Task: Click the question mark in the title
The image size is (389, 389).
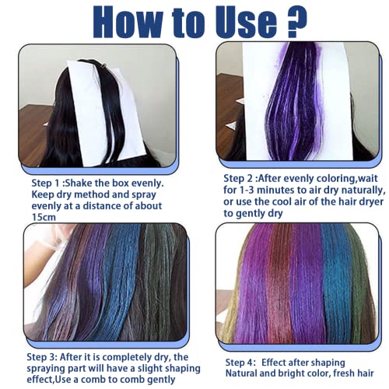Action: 297,22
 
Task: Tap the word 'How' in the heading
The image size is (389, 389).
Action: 130,22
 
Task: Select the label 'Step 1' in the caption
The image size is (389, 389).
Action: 45,184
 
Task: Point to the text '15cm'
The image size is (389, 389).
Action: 44,217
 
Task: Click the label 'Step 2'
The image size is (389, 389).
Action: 238,179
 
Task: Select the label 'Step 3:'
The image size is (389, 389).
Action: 42,357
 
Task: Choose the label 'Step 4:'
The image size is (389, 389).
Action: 240,363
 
